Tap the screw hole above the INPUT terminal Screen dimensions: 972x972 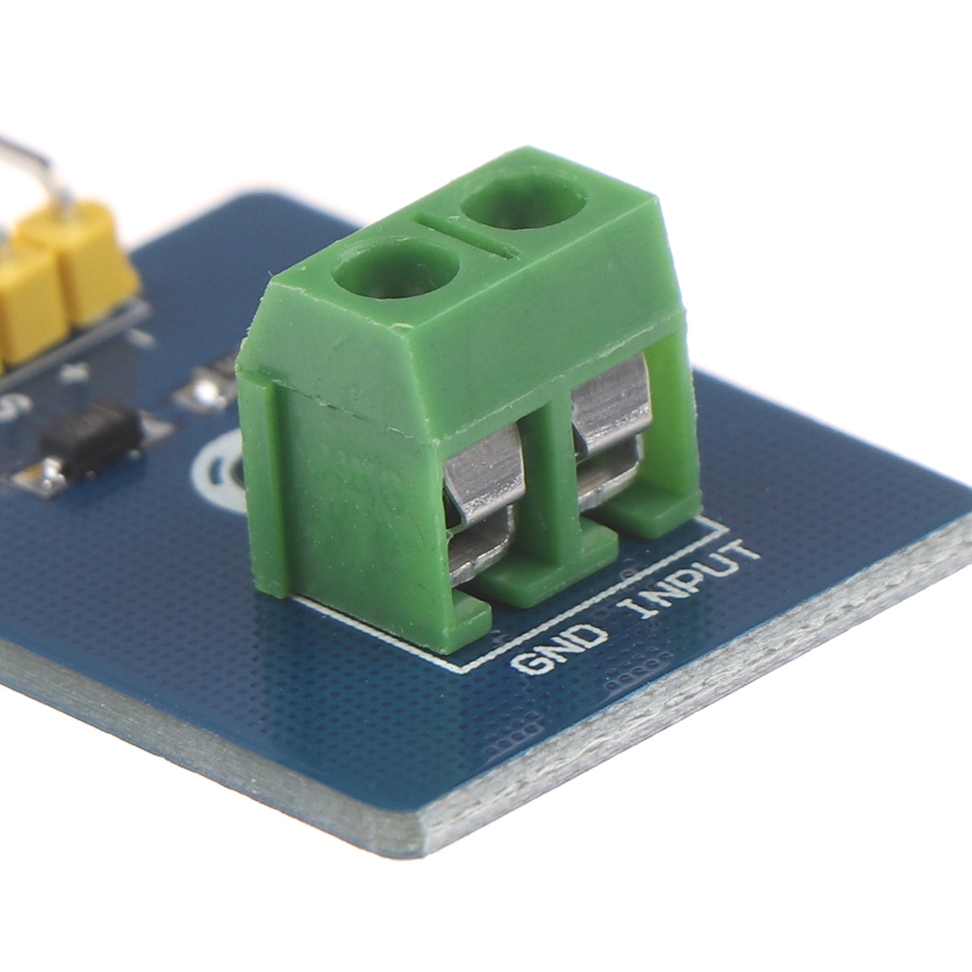524,199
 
